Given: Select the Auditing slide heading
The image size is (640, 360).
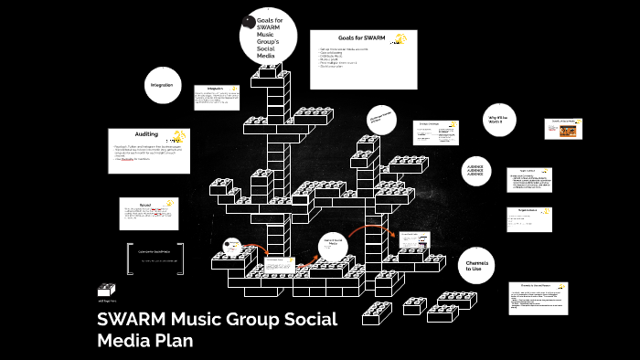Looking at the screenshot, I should (x=147, y=134).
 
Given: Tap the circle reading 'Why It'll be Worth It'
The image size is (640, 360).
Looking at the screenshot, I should (x=496, y=122).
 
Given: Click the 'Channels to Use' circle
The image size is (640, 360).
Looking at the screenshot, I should (x=473, y=265).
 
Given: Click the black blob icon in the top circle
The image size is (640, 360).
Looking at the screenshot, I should (x=249, y=22).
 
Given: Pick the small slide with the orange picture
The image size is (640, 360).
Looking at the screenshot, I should (x=563, y=129).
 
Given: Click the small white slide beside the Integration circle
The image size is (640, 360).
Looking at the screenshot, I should (x=215, y=99).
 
